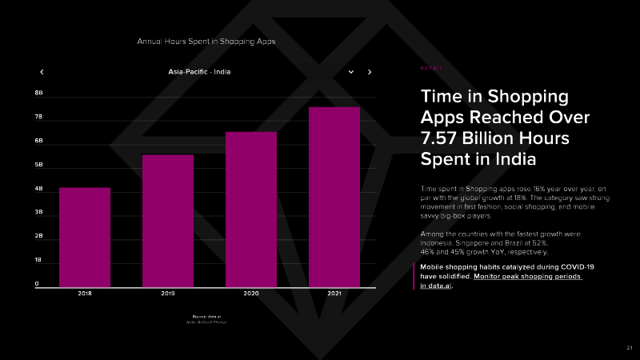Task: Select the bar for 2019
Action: point(168,220)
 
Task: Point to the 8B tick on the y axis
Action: point(38,93)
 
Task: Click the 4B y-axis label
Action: point(38,190)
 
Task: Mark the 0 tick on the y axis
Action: point(37,284)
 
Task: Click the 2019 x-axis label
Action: point(168,294)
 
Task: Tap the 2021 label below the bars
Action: point(334,294)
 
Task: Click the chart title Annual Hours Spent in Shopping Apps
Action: point(206,41)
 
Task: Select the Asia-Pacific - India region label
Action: point(200,72)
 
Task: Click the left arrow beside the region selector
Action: point(42,72)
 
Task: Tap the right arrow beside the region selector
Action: point(370,72)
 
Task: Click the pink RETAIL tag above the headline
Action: point(431,69)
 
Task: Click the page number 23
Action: point(629,347)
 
